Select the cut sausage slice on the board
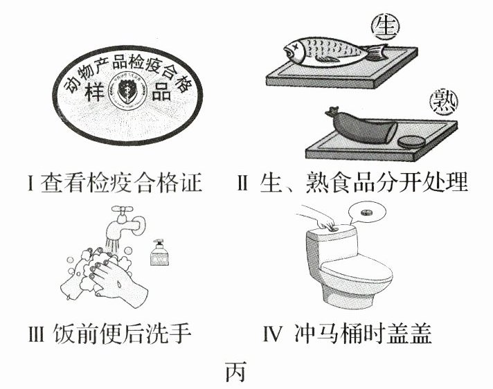(x=411, y=141)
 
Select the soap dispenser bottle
(x=159, y=253)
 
